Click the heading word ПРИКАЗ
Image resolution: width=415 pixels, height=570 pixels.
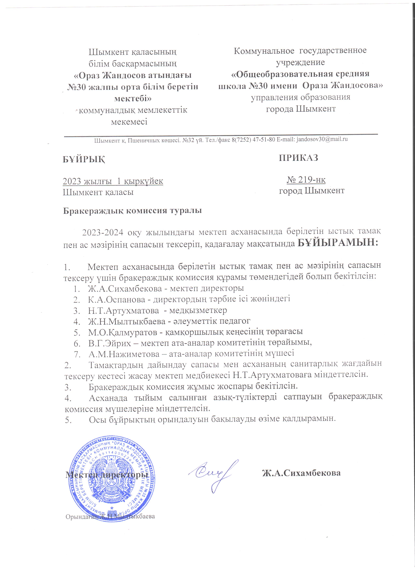click(x=298, y=158)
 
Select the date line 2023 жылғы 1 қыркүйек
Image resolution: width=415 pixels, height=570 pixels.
click(x=113, y=181)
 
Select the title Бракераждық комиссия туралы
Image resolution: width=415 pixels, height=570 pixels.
click(x=132, y=210)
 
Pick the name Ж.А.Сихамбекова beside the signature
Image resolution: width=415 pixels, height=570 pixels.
click(x=301, y=473)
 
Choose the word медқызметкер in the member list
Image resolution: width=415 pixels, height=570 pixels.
click(x=198, y=310)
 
